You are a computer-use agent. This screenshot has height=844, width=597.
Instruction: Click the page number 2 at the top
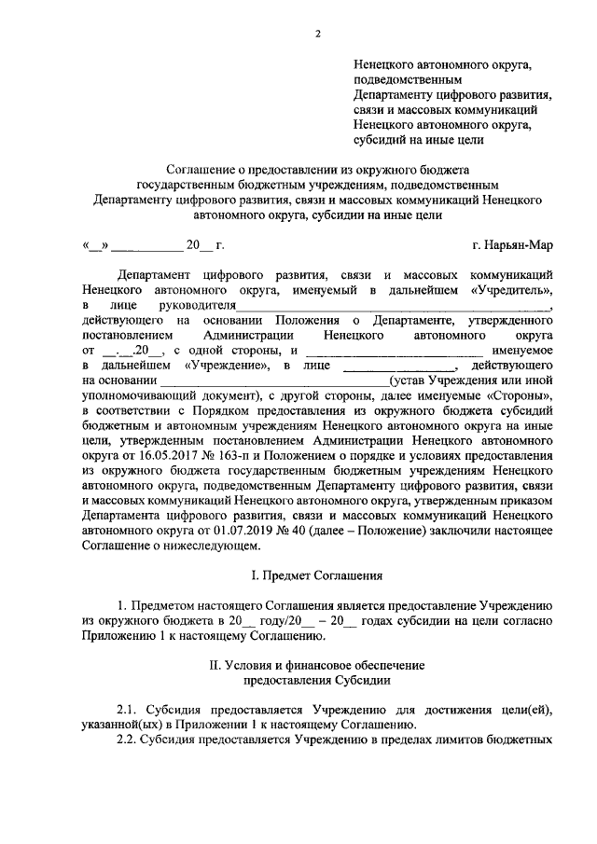pos(317,35)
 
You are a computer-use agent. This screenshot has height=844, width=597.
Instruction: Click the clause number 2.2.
pos(128,739)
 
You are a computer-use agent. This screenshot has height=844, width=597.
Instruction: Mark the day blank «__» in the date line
pos(96,246)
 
